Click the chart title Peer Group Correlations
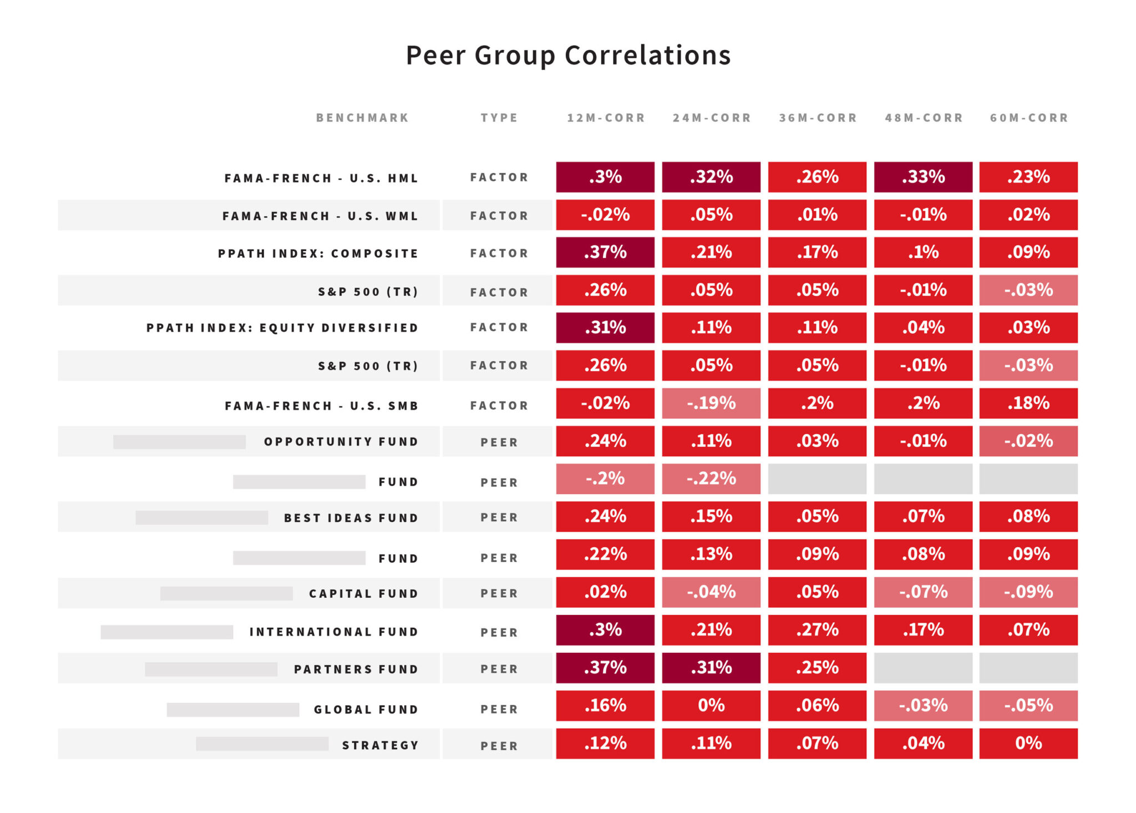568,55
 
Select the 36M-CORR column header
818,118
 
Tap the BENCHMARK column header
362,118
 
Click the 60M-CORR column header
1029,118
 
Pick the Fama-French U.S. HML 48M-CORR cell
923,177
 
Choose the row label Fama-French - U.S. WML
320,216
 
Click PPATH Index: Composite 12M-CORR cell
605,252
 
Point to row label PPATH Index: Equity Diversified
282,328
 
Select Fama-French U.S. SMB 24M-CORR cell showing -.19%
711,403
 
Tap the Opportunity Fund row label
341,442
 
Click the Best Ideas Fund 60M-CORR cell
1028,516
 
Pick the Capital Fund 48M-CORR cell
923,592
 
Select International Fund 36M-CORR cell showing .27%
817,629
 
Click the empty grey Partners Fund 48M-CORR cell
923,668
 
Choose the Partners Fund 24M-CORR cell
711,668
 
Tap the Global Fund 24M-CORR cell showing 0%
711,705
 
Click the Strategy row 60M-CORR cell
1028,743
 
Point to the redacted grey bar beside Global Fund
233,709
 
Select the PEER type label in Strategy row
499,746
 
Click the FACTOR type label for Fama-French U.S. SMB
499,405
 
